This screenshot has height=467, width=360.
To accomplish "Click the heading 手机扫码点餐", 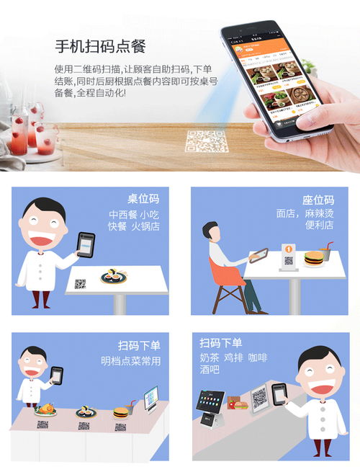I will pos(100,48).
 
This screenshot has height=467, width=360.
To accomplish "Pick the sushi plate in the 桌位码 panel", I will pos(114,276).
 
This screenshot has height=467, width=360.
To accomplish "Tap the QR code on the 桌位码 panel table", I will pos(80,284).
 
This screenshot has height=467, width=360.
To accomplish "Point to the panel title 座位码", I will pos(318,200).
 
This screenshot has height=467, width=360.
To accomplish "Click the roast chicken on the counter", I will pos(45,409).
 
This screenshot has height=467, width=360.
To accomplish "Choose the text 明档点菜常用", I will pos(130,361).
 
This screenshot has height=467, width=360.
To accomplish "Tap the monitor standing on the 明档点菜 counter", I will pos(150,399).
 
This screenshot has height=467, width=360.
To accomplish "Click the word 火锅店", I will pos(144,226).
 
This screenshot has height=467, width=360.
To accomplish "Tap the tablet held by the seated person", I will pos(258,255).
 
